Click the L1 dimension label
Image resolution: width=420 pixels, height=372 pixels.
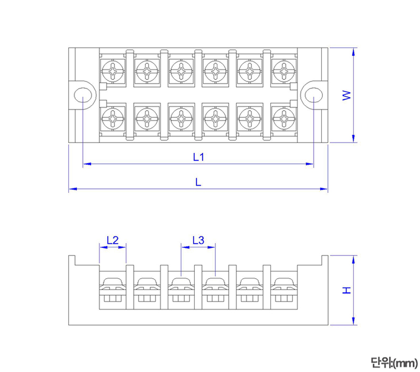pyautogui.click(x=198, y=157)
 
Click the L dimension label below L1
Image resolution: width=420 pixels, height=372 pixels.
pyautogui.click(x=198, y=181)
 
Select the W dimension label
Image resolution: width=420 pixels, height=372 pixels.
pyautogui.click(x=346, y=95)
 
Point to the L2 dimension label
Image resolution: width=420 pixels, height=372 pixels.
pyautogui.click(x=112, y=240)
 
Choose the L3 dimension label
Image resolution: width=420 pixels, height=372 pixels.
pyautogui.click(x=198, y=240)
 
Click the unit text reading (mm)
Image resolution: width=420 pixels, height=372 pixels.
pyautogui.click(x=393, y=362)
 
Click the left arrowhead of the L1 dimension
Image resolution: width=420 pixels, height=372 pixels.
pyautogui.click(x=86, y=164)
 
